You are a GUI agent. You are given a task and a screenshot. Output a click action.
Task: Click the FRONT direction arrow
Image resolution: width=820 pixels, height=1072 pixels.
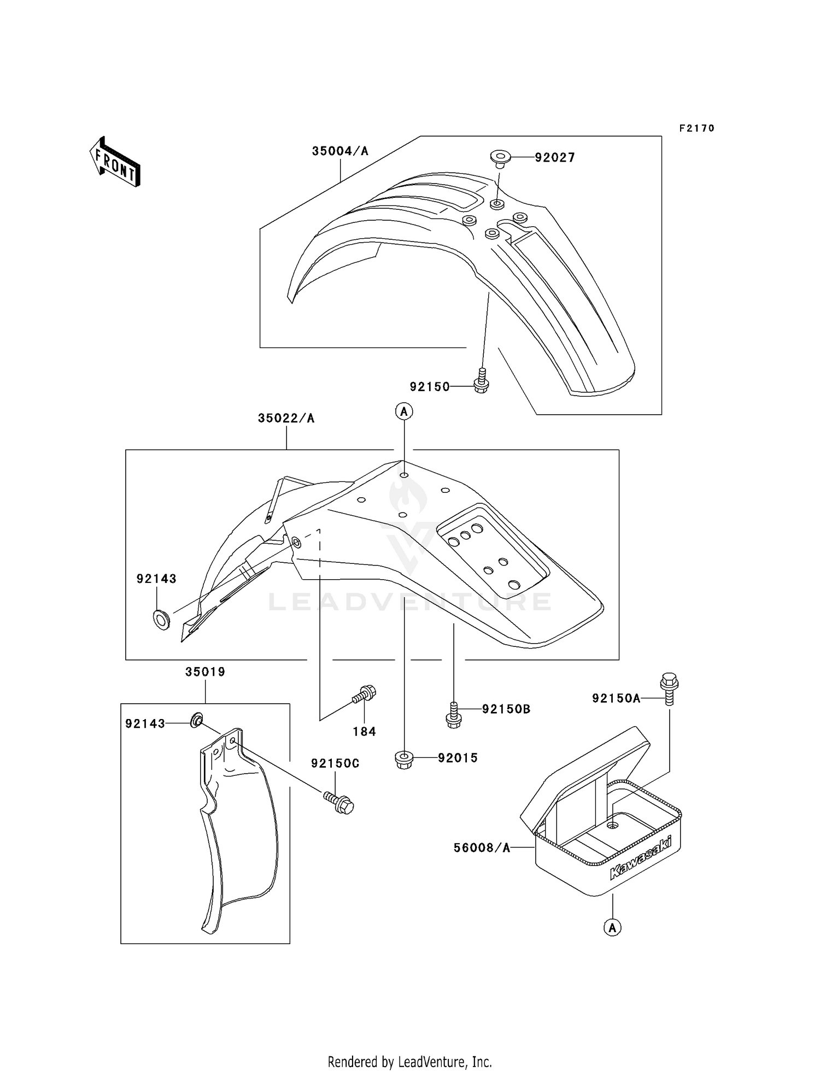[115, 161]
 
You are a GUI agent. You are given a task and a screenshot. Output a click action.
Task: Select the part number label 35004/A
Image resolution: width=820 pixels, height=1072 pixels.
[340, 151]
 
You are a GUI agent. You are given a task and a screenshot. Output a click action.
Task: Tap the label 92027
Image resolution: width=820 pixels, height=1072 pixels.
[555, 158]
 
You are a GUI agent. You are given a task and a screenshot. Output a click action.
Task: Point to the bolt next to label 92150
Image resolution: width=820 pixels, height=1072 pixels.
[481, 380]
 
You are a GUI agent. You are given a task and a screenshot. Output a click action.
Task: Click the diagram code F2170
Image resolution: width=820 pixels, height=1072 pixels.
[697, 128]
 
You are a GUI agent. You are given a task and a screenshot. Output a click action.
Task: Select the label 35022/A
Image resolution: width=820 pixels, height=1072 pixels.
[286, 419]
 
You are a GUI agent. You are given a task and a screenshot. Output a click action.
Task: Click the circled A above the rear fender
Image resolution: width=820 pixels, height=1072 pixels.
[404, 411]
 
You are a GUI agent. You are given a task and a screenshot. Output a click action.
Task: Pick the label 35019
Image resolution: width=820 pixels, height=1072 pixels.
[205, 672]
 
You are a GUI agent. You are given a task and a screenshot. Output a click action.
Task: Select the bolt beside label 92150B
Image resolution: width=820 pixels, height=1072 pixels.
[453, 715]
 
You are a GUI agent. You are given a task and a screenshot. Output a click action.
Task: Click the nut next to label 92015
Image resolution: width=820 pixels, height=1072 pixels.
[403, 759]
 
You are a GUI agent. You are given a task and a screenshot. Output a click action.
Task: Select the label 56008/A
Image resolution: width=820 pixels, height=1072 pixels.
[482, 848]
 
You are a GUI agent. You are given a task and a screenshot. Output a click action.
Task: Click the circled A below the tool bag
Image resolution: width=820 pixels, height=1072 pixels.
[613, 927]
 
